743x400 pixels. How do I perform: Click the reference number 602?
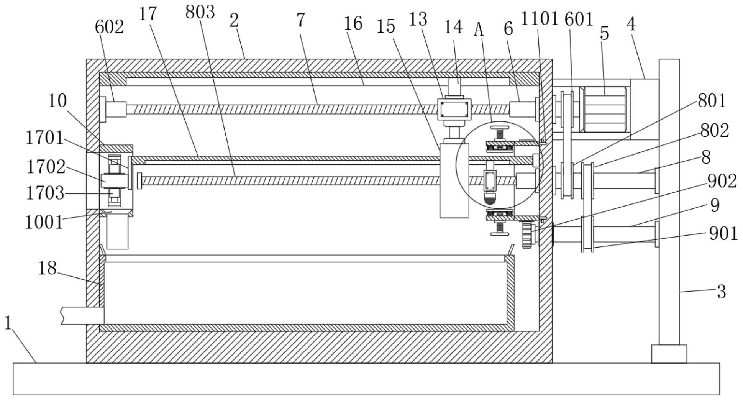pos(109,27)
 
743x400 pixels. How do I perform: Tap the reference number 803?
pos(200,12)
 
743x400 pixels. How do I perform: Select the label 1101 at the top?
pos(539,18)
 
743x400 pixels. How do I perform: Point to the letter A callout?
pos(479,30)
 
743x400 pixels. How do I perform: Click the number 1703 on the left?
pos(45,193)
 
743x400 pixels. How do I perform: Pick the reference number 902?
pos(722,181)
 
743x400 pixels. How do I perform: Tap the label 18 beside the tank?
pos(47,268)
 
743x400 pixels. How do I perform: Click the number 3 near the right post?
pos(721,292)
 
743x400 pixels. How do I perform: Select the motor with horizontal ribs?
pos(604,110)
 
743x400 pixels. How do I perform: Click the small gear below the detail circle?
pos(528,235)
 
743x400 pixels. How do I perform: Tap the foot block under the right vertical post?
pos(669,354)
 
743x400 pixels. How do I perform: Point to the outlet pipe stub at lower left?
pos(82,315)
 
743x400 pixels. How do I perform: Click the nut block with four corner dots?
pos(454,110)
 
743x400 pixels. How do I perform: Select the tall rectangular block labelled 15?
pos(454,180)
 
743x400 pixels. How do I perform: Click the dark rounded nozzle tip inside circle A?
pos(490,199)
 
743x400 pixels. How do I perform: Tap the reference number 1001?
pos(44,222)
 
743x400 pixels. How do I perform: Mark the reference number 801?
pos(712,101)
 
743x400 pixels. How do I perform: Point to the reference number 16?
pos(353,23)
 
